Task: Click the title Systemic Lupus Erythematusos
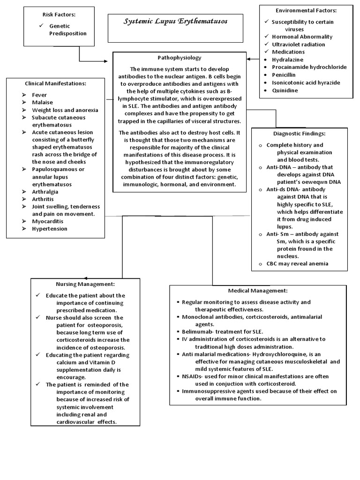click(x=175, y=22)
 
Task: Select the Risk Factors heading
click(x=59, y=15)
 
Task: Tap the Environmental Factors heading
click(x=306, y=10)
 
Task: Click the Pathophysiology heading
click(x=180, y=58)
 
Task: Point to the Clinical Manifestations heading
click(x=55, y=83)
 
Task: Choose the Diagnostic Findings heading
click(x=299, y=134)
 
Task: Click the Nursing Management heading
click(x=85, y=284)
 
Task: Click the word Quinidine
click(x=285, y=90)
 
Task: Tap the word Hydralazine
click(x=287, y=60)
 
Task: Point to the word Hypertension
click(x=50, y=229)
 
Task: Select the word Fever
click(x=39, y=95)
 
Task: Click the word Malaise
click(x=42, y=102)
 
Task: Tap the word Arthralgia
click(x=46, y=192)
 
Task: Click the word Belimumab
click(x=197, y=331)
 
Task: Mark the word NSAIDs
click(x=191, y=376)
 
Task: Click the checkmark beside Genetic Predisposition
click(x=41, y=26)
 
